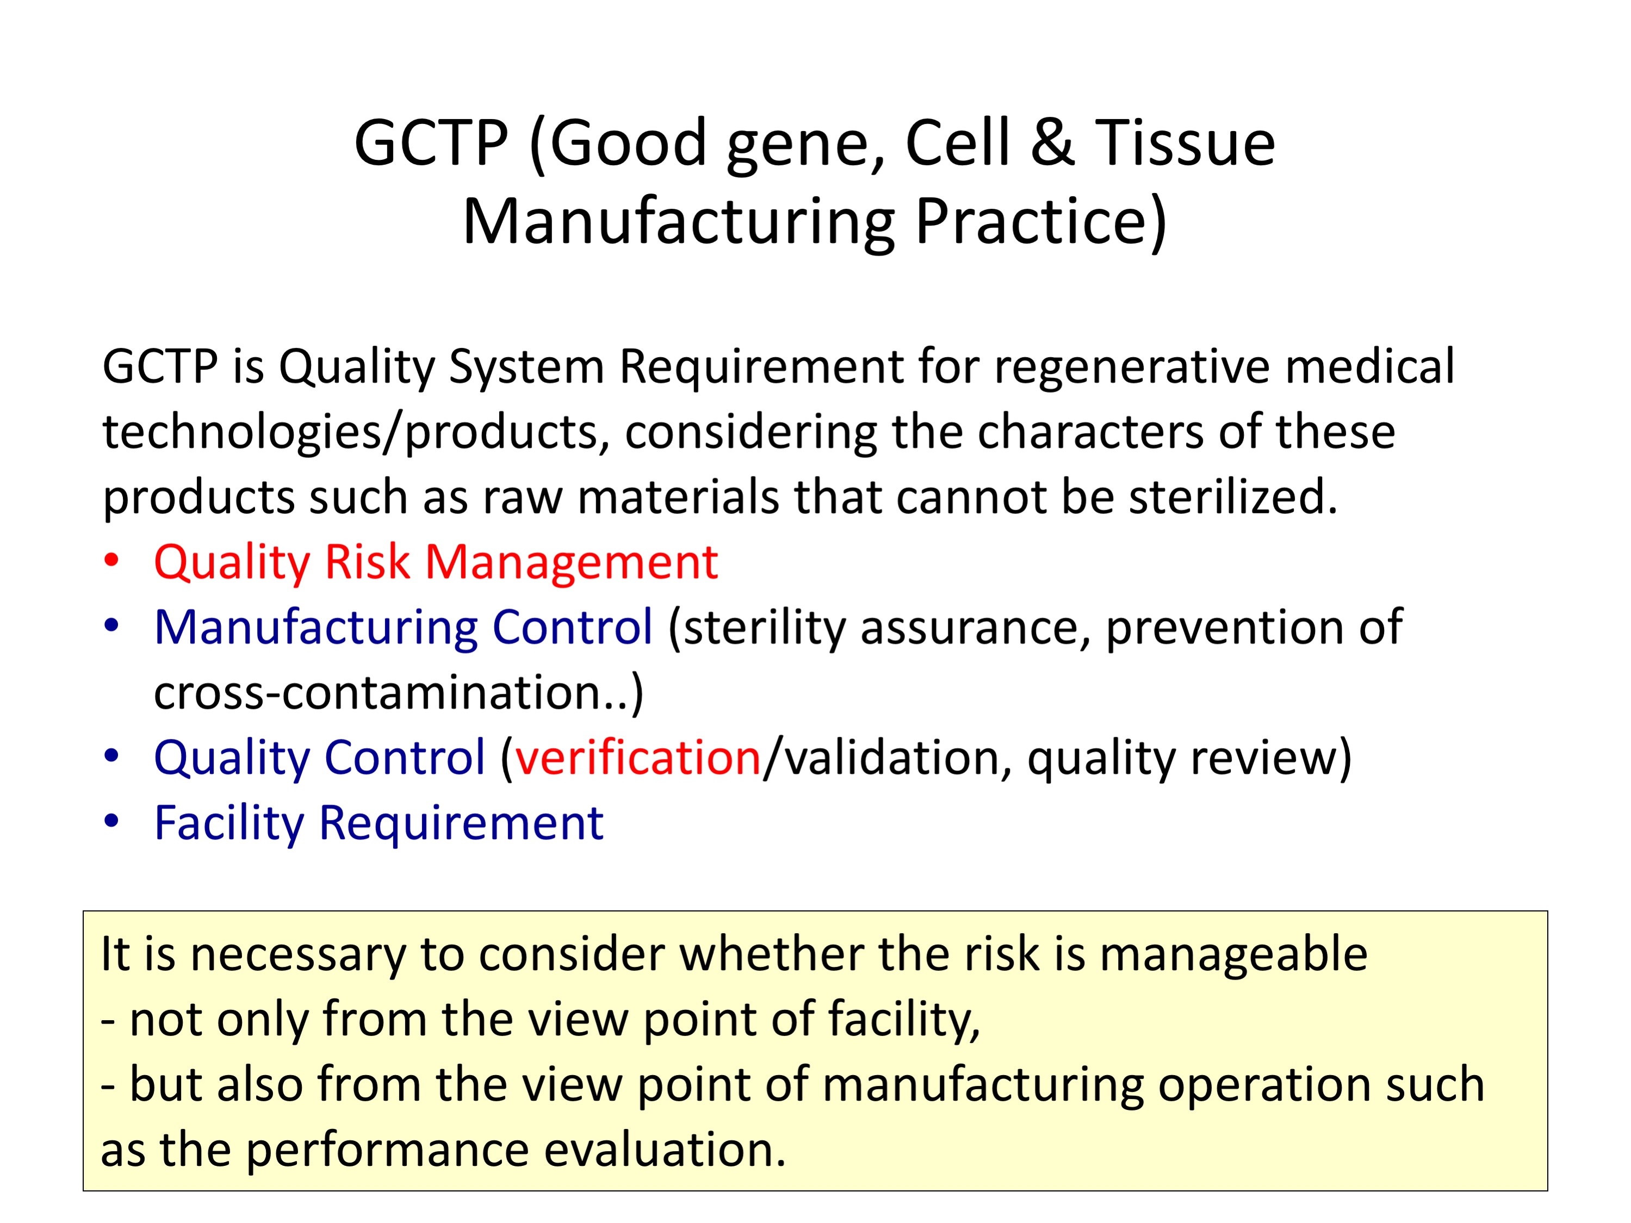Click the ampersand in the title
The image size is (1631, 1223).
pyautogui.click(x=1052, y=142)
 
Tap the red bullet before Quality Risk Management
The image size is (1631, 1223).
pyautogui.click(x=111, y=560)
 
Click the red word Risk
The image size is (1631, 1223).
pyautogui.click(x=367, y=562)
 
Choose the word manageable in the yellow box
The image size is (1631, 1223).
pyautogui.click(x=1233, y=955)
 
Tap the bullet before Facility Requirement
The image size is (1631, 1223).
pyautogui.click(x=111, y=821)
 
